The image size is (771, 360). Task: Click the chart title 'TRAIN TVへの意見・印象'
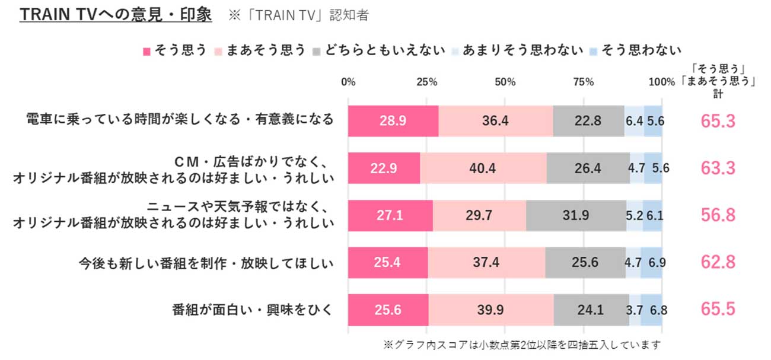pos(116,15)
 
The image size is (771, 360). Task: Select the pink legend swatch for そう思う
pos(148,50)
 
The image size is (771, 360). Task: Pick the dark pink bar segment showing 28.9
pos(393,121)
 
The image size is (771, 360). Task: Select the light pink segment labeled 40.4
pos(483,168)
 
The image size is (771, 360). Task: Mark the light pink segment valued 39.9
pos(491,310)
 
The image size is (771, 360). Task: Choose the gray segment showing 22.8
pos(588,121)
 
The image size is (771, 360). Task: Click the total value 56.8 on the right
pos(718,215)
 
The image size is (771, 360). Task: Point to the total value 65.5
pos(718,310)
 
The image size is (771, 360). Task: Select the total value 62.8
pos(718,262)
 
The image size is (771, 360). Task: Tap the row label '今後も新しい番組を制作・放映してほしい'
pos(207,262)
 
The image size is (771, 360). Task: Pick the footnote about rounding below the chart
pos(522,345)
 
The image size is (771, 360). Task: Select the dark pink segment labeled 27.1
pos(390,215)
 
